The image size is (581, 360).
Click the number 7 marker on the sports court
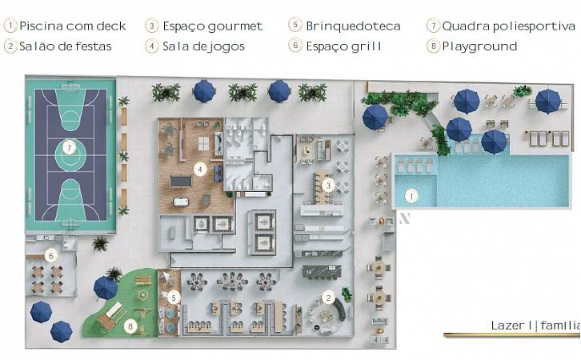[69, 148]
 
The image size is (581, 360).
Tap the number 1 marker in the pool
[411, 196]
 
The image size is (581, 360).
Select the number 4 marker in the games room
[200, 170]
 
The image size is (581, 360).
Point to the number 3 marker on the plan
[328, 185]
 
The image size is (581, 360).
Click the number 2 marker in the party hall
[328, 298]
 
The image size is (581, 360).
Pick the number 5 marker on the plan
[174, 297]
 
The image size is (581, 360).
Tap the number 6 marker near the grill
[51, 255]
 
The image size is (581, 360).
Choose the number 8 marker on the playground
[130, 326]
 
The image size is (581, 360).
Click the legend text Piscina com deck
[73, 26]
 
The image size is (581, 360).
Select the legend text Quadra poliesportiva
[508, 26]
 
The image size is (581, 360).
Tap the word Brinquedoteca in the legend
[353, 26]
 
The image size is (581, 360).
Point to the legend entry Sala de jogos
[203, 46]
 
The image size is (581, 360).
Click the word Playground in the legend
[479, 46]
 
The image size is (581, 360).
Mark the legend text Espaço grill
[343, 46]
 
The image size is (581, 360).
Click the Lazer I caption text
[511, 326]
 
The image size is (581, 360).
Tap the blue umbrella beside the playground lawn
[106, 288]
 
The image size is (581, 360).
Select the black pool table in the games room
[181, 182]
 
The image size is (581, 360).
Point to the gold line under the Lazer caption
[512, 335]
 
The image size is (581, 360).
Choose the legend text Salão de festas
[65, 46]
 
